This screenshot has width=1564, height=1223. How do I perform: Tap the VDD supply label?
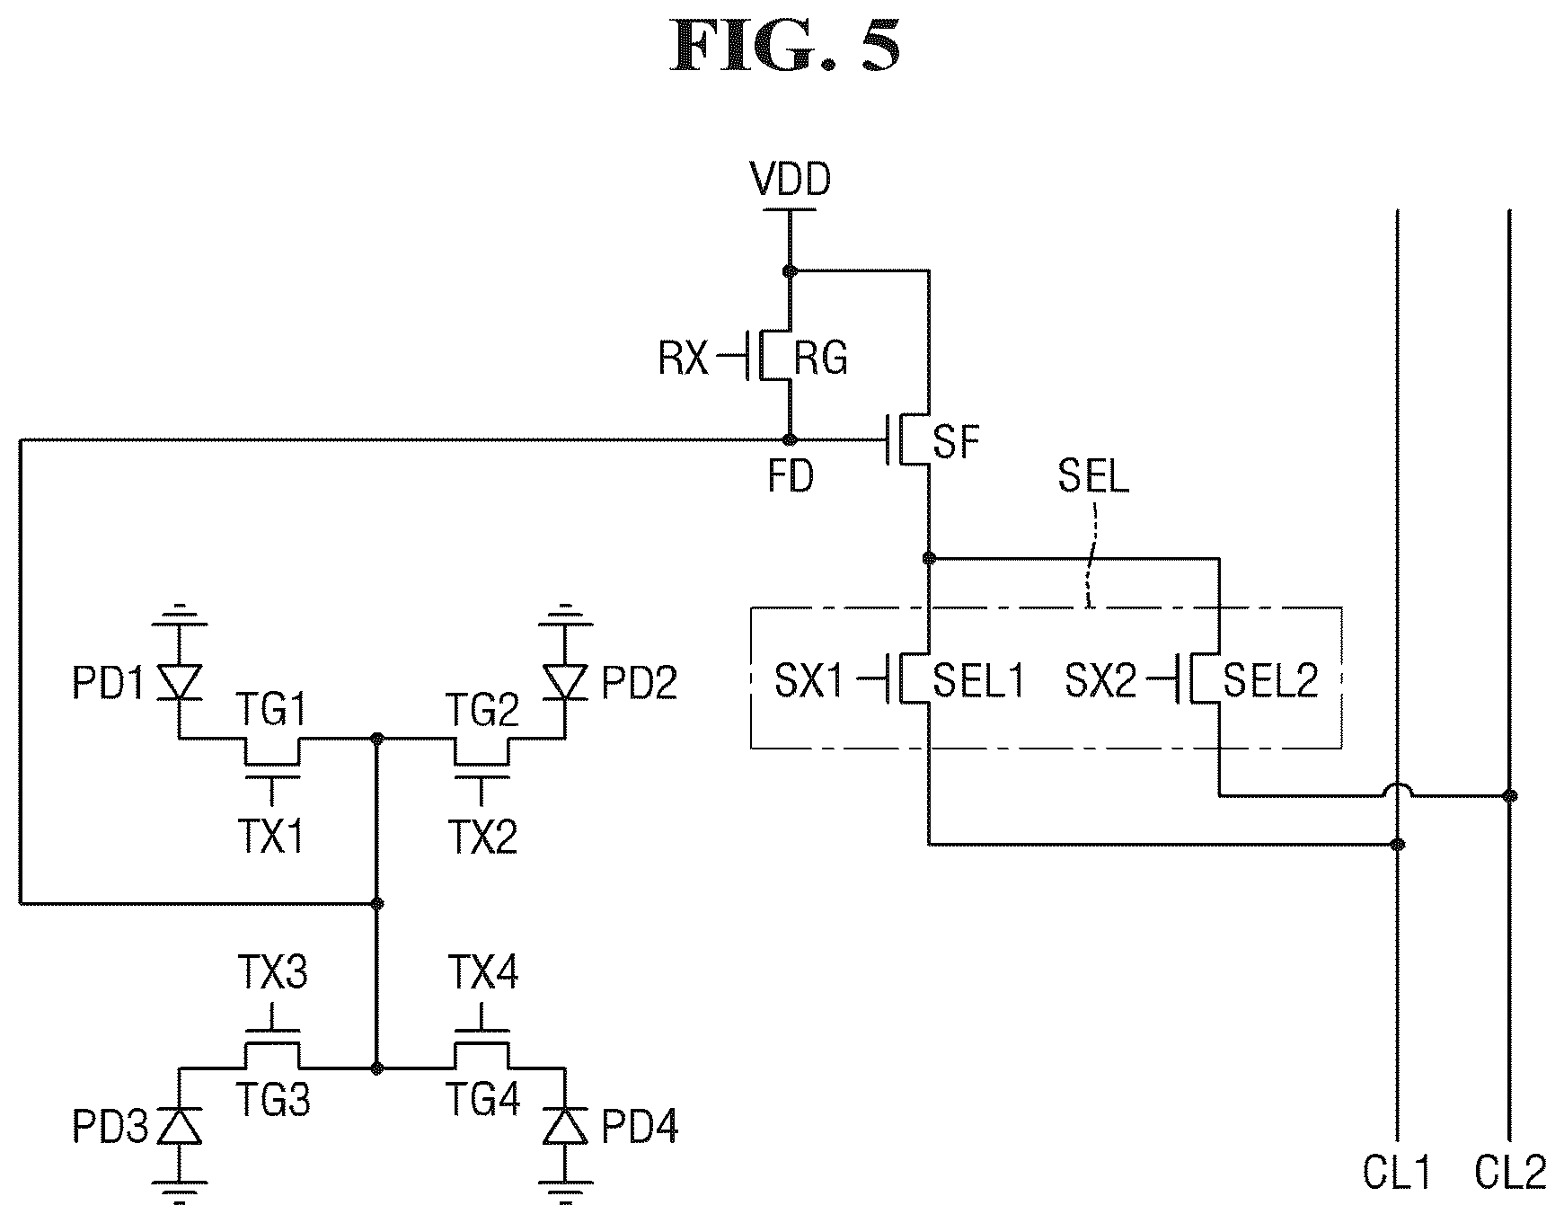[x=791, y=179]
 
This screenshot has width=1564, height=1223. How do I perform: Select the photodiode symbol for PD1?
[x=178, y=681]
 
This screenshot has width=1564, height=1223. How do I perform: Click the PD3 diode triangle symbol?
[x=179, y=1125]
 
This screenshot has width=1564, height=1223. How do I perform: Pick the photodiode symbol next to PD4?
[x=565, y=1125]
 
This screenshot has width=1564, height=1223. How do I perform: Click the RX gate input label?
[x=683, y=359]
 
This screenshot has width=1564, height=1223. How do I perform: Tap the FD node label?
[x=791, y=476]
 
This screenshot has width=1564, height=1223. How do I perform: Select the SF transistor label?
[x=956, y=441]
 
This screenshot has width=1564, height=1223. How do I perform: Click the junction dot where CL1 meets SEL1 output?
[x=1397, y=844]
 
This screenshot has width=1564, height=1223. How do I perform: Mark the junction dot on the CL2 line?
[x=1509, y=794]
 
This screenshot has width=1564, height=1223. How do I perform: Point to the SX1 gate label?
[x=809, y=680]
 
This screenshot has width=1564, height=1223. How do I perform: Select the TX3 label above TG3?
[x=273, y=972]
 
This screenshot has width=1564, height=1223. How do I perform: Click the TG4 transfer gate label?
[x=482, y=1098]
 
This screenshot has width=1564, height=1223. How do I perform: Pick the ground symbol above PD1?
[x=178, y=616]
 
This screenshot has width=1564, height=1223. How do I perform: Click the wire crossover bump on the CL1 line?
[x=1397, y=789]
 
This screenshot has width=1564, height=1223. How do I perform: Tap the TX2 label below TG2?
[x=482, y=837]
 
